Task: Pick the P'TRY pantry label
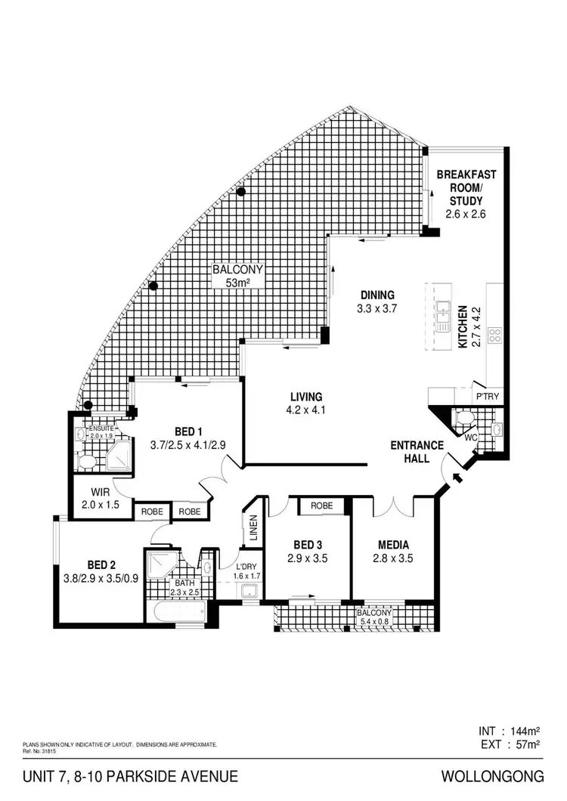pyautogui.click(x=484, y=396)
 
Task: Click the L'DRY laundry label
pyautogui.click(x=248, y=567)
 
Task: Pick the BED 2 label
pyautogui.click(x=101, y=564)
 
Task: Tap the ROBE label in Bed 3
pyautogui.click(x=323, y=506)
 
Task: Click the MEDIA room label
pyautogui.click(x=393, y=544)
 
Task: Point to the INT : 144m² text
pyautogui.click(x=508, y=731)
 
